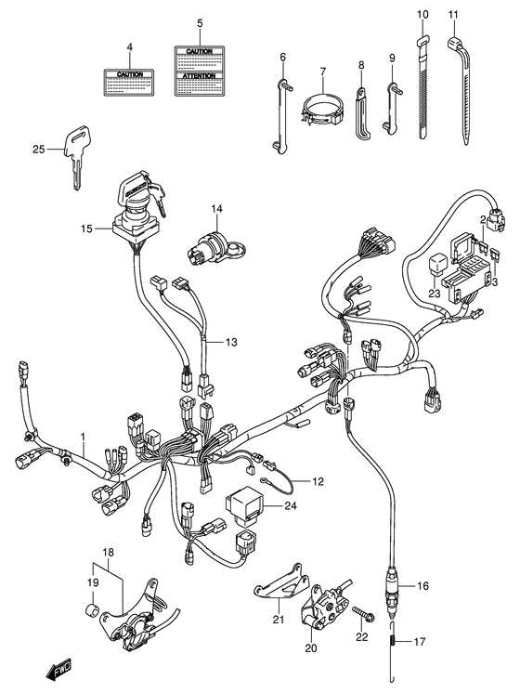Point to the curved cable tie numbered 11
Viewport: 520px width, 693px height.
(461, 88)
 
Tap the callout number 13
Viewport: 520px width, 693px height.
(230, 343)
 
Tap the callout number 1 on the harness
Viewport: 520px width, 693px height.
(82, 436)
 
